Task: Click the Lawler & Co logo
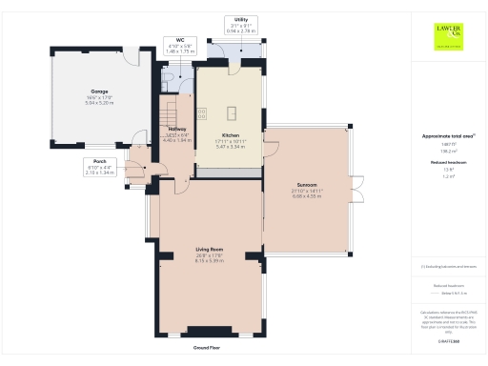[x=446, y=35]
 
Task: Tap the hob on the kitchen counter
[x=202, y=112]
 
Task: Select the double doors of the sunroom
[x=360, y=189]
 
